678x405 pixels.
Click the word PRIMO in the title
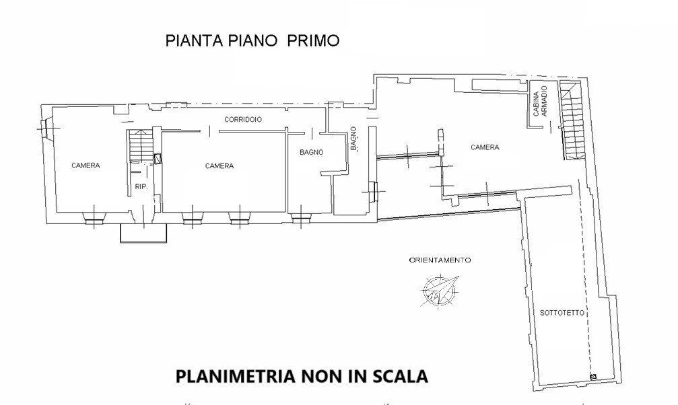coord(313,40)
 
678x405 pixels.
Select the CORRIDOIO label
coord(243,119)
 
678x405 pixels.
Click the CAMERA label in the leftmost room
coord(86,165)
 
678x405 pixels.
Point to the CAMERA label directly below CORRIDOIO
coord(219,166)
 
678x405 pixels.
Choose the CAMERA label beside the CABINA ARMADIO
coord(485,147)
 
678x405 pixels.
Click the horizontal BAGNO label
coord(311,153)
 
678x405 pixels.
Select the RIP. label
coord(141,186)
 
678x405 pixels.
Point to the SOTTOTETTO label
coord(562,314)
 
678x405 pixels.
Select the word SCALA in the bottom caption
coord(399,376)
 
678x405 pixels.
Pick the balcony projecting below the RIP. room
coord(143,233)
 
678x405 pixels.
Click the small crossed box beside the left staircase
coord(158,159)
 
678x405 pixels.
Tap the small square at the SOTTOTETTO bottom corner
coord(592,377)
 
